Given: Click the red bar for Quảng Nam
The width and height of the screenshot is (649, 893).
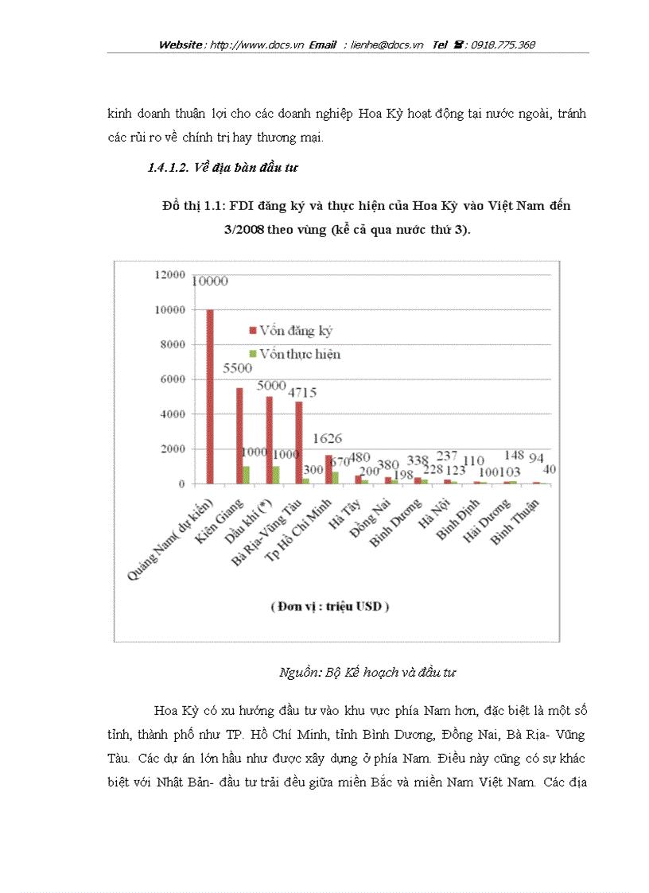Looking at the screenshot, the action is [x=210, y=396].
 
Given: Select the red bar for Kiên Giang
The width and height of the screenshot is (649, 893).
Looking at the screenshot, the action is [x=239, y=435].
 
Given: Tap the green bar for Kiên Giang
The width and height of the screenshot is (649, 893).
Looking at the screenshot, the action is [x=247, y=475].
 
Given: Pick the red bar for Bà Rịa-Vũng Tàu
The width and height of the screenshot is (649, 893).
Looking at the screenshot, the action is [x=298, y=442].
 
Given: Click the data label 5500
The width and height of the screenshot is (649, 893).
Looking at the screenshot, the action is [x=237, y=368].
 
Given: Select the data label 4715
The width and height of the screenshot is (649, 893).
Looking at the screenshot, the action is [x=303, y=392].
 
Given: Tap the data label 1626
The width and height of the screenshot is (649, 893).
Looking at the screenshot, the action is [x=328, y=437].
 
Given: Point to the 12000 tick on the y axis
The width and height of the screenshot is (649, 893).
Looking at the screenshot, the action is [x=171, y=274].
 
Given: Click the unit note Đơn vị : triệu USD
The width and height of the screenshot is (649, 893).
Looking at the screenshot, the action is [x=330, y=606].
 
